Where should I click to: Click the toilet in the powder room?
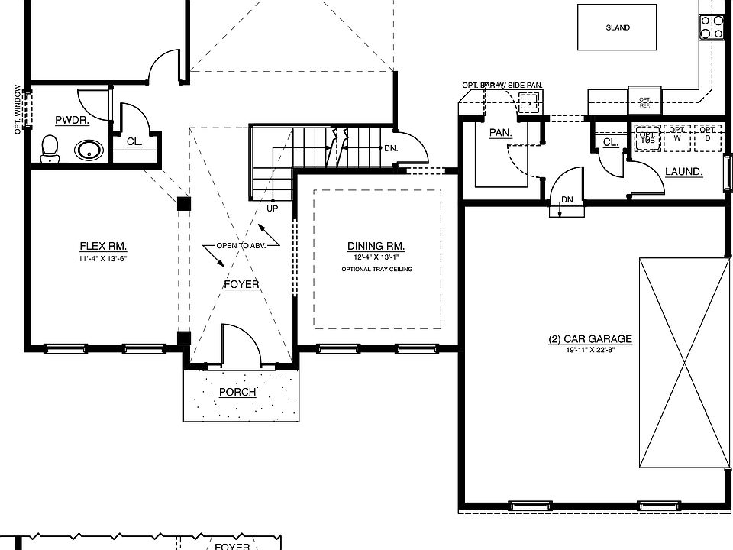pyautogui.click(x=50, y=148)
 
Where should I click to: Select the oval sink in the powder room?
pyautogui.click(x=90, y=149)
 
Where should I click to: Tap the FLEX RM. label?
pyautogui.click(x=103, y=247)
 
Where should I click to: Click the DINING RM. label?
pyautogui.click(x=376, y=247)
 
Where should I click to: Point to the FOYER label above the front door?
pyautogui.click(x=241, y=285)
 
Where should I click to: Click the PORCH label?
pyautogui.click(x=237, y=393)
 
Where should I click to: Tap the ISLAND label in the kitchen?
pyautogui.click(x=617, y=28)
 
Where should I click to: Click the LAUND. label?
pyautogui.click(x=683, y=172)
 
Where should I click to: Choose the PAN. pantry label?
pyautogui.click(x=500, y=133)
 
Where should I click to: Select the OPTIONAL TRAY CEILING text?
pyautogui.click(x=376, y=270)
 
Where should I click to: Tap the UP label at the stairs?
pyautogui.click(x=272, y=208)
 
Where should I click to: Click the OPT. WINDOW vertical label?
pyautogui.click(x=18, y=109)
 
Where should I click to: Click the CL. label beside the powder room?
pyautogui.click(x=134, y=141)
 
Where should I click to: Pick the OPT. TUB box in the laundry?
pyautogui.click(x=647, y=137)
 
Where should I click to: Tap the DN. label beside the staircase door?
pyautogui.click(x=390, y=148)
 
